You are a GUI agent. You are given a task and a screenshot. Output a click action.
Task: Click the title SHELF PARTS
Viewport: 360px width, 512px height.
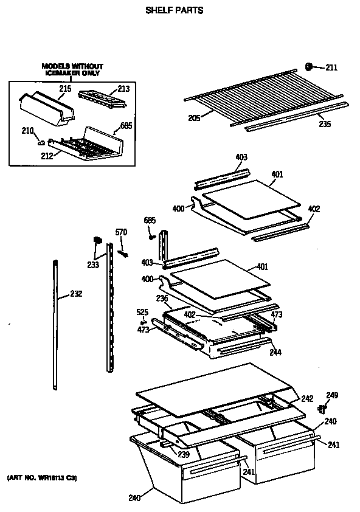coord(174,10)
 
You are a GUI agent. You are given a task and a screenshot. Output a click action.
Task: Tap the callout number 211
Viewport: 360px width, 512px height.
coord(331,67)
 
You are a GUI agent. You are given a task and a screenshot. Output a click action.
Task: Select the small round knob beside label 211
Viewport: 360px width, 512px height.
coord(309,66)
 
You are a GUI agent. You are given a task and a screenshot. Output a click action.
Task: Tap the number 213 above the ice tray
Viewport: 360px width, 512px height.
coord(123,89)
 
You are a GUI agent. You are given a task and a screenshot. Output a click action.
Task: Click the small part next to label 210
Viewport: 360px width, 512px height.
coord(42,142)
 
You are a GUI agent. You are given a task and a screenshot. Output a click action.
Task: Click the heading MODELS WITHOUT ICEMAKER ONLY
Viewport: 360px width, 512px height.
coord(72,69)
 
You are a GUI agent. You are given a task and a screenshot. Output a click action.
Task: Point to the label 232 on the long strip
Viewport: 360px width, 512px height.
coord(75,294)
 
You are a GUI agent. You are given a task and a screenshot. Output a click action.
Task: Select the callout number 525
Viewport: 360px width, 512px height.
coord(142,312)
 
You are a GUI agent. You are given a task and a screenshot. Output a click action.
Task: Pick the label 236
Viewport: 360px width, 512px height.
coord(162,298)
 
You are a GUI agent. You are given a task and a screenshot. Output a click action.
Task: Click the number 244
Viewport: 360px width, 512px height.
coord(275,352)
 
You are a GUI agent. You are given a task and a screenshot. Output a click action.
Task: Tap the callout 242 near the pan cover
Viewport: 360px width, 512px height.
coord(307,399)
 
